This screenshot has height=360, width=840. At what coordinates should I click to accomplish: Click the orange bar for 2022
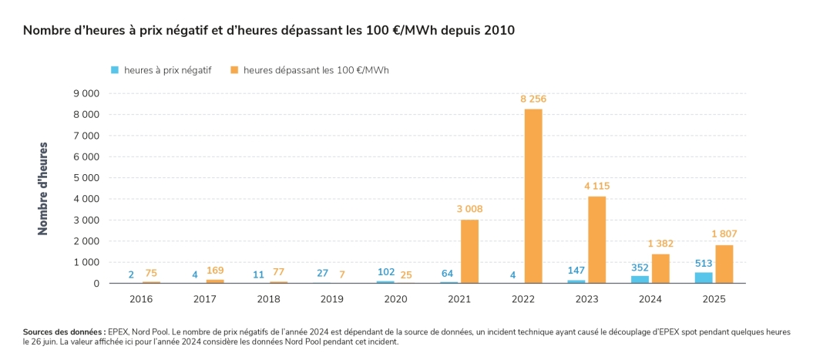point(533,196)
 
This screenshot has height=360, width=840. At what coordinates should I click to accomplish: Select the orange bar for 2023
point(596,240)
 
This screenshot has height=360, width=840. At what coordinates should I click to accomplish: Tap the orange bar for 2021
point(469,251)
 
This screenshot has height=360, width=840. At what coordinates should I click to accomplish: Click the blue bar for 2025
point(704,278)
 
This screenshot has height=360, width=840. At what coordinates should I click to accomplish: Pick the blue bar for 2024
point(640,279)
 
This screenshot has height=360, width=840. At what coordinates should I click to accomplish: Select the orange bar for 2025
point(724,264)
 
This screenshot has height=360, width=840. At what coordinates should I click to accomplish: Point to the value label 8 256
point(533,99)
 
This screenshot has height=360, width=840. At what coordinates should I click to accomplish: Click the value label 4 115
point(596,187)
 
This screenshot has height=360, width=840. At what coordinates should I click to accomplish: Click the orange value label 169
point(215,271)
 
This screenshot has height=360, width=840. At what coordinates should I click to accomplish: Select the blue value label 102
point(385,271)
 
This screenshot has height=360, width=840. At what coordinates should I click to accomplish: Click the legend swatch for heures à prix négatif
point(115,70)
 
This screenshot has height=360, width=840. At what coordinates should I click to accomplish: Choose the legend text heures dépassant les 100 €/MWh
point(316,70)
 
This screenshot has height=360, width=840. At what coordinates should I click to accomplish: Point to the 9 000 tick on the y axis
point(86,93)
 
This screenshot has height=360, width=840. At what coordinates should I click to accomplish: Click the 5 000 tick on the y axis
point(86,178)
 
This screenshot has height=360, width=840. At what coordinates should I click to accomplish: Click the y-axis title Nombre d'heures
point(43,188)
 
